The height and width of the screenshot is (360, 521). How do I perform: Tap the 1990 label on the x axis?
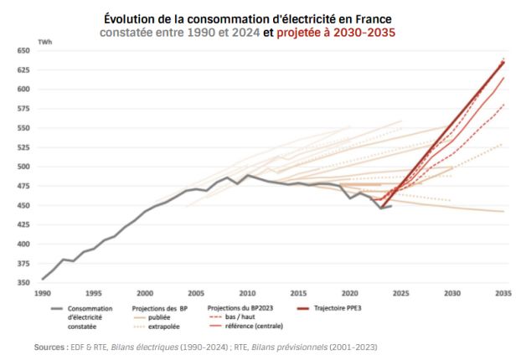pos(42,295)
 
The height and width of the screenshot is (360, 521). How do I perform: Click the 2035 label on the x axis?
pos(503,295)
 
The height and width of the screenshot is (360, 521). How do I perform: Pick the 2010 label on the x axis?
pos(247,295)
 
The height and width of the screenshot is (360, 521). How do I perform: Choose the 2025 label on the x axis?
pos(401,295)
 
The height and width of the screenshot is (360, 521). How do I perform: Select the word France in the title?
pos(372,18)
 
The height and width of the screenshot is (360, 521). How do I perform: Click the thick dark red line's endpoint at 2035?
pos(503,62)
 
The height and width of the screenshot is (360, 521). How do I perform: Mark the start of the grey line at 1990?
pos(42,279)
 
